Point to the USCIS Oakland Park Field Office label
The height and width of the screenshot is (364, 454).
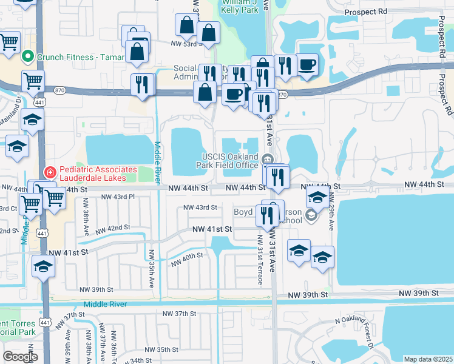pos(237,160)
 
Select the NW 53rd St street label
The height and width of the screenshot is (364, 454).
pos(185,44)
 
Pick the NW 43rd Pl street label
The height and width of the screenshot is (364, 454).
pos(117,197)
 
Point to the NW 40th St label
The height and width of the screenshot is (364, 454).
pos(186,259)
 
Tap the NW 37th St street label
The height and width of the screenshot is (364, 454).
pos(177,314)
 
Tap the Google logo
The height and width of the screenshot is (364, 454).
pos(20,357)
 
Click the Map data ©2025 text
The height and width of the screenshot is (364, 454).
pos(428,359)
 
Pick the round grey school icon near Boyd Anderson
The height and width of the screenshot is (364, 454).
pos(311,215)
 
